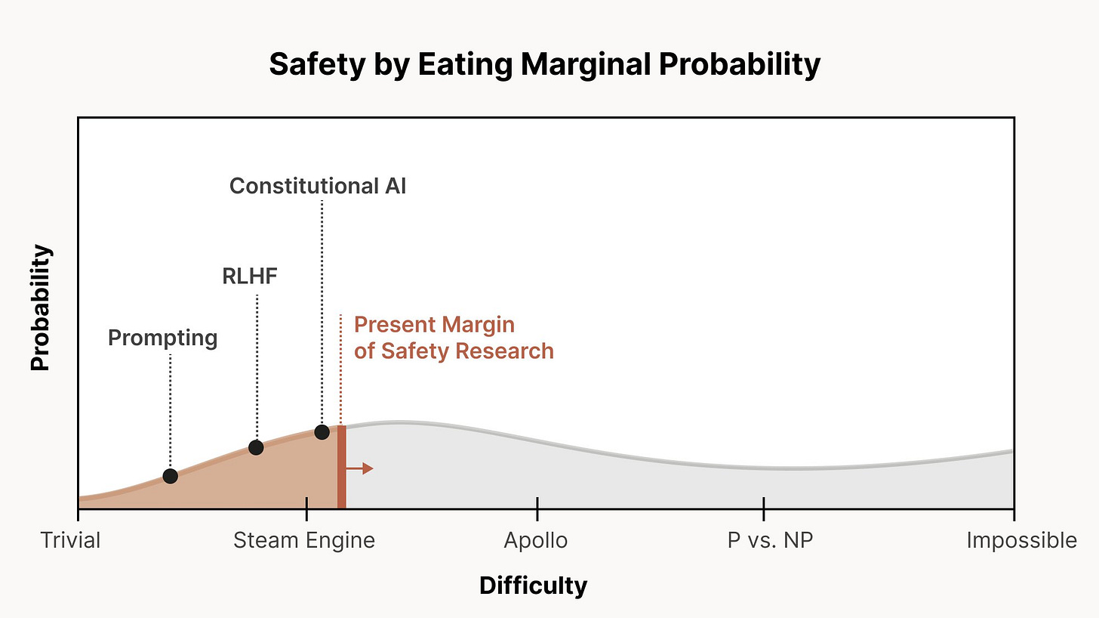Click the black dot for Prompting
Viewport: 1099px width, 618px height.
click(170, 476)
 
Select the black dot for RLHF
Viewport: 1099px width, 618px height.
click(256, 447)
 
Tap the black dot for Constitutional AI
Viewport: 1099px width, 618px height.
click(322, 432)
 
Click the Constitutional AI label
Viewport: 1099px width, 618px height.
click(318, 186)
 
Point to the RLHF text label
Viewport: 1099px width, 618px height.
click(250, 277)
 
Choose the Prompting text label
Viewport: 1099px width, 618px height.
click(162, 338)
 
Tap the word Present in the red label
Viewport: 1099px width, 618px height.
click(393, 325)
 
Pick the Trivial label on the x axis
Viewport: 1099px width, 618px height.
click(71, 541)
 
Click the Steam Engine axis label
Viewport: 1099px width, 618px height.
click(304, 541)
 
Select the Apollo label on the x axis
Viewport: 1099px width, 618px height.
click(536, 541)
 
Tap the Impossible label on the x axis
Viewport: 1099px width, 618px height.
click(1021, 541)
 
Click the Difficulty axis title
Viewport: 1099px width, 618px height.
click(533, 586)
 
